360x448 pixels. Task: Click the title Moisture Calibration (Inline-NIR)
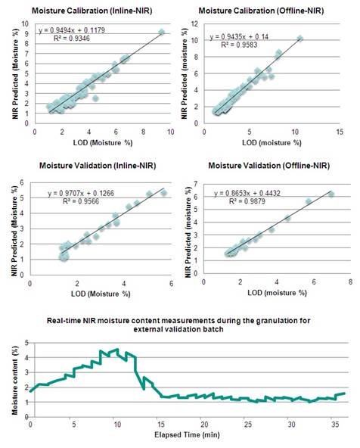[92, 11]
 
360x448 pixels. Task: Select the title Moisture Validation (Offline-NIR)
[269, 166]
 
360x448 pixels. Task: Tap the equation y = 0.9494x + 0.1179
[72, 30]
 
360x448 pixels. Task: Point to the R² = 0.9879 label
[247, 201]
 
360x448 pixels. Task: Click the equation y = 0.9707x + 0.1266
[81, 194]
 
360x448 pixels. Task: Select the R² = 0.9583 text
[239, 45]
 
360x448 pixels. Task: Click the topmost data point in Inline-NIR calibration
[162, 33]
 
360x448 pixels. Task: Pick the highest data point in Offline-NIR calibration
[299, 39]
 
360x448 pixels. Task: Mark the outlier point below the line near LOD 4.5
[95, 98]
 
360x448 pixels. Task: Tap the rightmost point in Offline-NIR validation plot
[331, 194]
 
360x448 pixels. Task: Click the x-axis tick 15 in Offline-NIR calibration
[340, 132]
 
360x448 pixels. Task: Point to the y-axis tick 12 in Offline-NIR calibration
[194, 24]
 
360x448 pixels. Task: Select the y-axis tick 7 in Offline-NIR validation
[195, 184]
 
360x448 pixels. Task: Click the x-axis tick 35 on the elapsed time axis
[335, 425]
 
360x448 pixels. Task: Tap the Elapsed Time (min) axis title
[187, 435]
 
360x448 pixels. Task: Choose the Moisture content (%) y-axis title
[15, 381]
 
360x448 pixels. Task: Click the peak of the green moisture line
[116, 349]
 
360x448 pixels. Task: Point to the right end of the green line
[345, 394]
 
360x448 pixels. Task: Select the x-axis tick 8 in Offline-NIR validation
[350, 282]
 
